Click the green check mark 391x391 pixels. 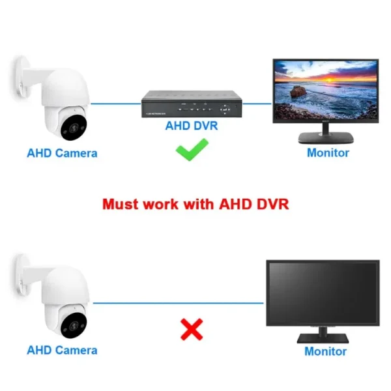[192, 154]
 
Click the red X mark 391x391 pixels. [191, 330]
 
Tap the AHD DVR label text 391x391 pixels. [191, 126]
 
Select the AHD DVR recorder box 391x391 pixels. [192, 104]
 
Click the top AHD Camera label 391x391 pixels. [62, 154]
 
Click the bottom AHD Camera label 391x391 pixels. [62, 350]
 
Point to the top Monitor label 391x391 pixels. [328, 153]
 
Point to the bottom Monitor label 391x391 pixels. [326, 351]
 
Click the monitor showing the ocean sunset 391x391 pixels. [325, 91]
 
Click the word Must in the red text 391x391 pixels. [121, 204]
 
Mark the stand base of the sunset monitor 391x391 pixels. [326, 139]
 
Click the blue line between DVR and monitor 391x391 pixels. [257, 103]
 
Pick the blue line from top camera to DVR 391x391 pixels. [116, 103]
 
